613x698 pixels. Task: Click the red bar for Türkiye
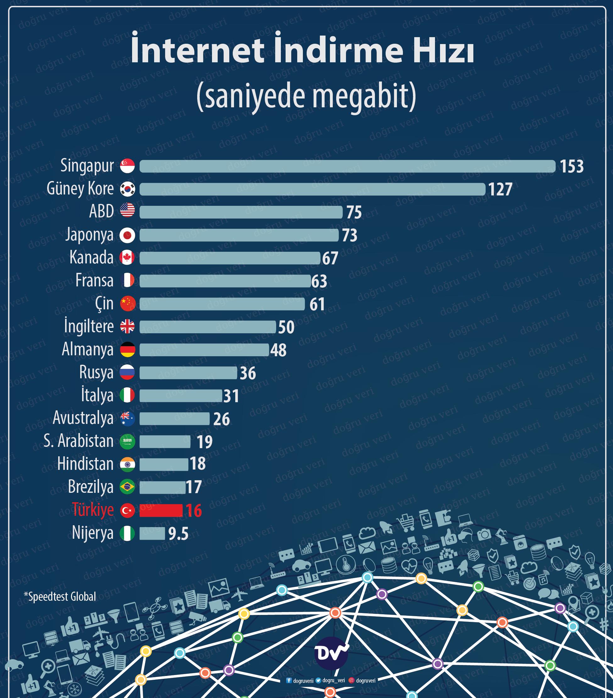pos(161,510)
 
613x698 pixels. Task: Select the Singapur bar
pos(347,166)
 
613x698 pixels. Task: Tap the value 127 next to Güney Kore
pos(500,189)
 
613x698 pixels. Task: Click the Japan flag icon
pos(127,235)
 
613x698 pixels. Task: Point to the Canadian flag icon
pos(127,258)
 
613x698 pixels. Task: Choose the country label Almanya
pos(87,350)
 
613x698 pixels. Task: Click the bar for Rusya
pos(188,373)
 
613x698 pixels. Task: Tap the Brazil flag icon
pos(127,487)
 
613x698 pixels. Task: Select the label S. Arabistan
pos(79,441)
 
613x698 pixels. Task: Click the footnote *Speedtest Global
pos(60,597)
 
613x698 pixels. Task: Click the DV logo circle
pos(330,653)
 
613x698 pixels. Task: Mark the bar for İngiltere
pos(208,327)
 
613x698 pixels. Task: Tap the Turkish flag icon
pos(127,510)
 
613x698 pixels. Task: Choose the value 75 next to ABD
pos(354,212)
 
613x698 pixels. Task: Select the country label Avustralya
pos(83,418)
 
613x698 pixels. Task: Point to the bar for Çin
pos(222,304)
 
